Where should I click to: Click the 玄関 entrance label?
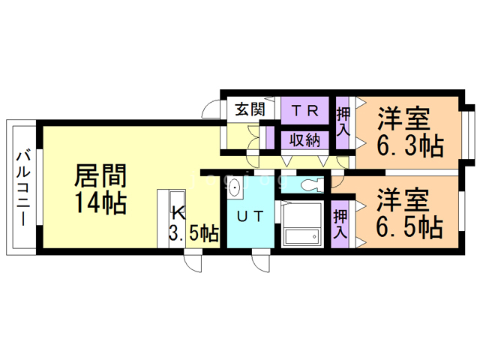(x=250, y=109)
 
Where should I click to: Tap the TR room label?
(x=305, y=110)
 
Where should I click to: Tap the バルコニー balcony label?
(x=23, y=187)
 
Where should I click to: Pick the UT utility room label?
(x=250, y=217)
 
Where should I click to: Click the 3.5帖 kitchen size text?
(x=193, y=233)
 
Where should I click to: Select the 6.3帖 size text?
(x=409, y=144)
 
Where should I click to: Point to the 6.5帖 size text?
(x=409, y=225)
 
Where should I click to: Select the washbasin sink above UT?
(x=234, y=187)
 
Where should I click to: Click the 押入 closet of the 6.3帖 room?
(x=343, y=120)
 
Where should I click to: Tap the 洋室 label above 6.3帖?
(x=403, y=118)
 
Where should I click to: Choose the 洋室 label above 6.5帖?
(x=403, y=199)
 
